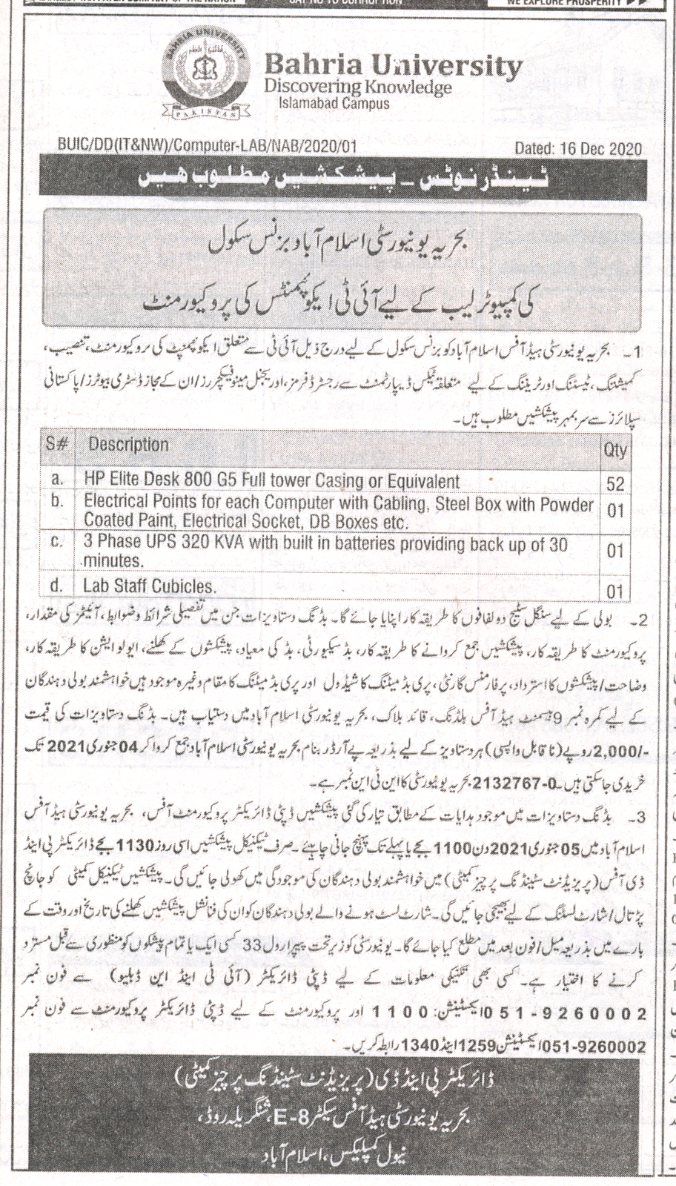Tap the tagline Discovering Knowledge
tap(357, 87)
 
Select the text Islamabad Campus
tap(333, 105)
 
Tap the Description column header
tap(128, 445)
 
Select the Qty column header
tap(614, 450)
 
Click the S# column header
tap(58, 445)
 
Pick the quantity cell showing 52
tap(614, 484)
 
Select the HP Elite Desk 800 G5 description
tap(271, 480)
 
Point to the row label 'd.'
tap(57, 586)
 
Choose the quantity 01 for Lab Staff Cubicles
tap(614, 592)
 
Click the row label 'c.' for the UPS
tap(57, 543)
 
